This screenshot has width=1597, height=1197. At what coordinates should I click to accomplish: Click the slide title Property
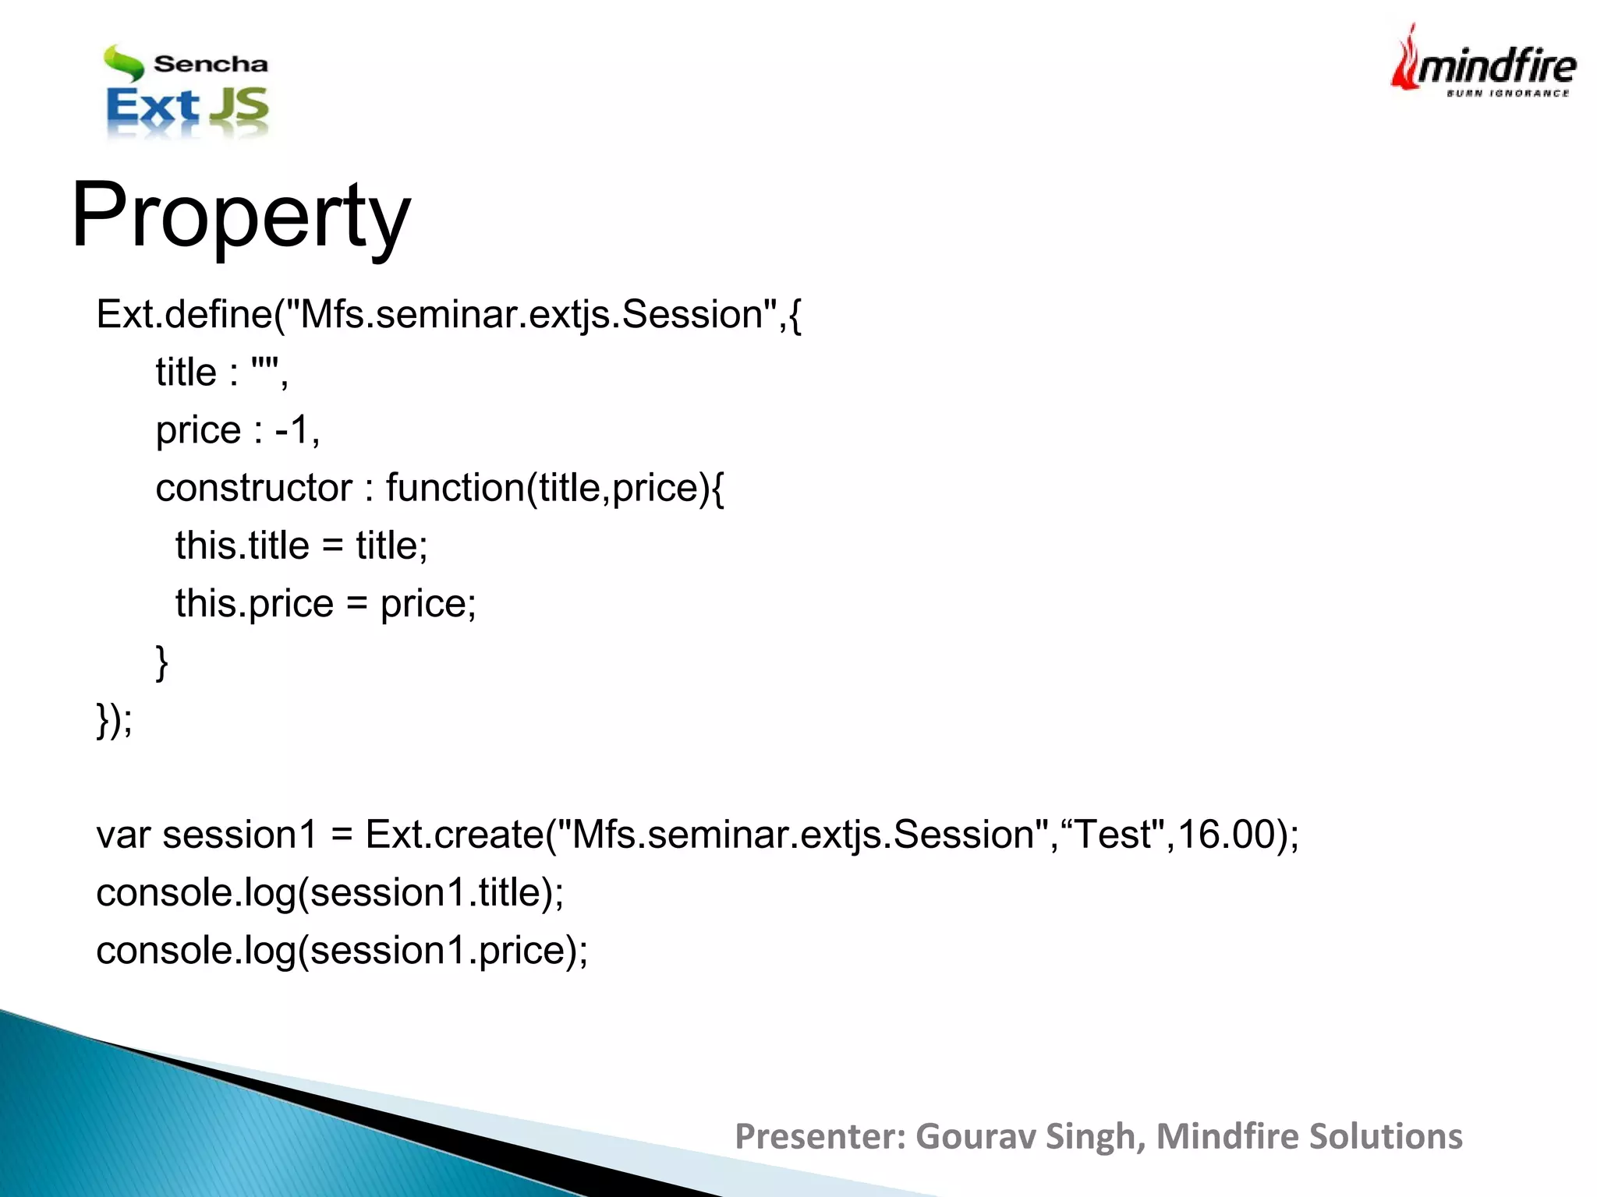240,215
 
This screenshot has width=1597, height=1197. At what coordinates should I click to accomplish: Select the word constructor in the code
253,489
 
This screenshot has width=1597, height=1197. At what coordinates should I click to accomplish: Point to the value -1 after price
292,430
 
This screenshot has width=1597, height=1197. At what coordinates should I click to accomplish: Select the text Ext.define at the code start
184,315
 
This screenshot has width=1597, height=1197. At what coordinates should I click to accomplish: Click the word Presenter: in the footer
820,1136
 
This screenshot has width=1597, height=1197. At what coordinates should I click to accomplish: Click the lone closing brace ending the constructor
162,662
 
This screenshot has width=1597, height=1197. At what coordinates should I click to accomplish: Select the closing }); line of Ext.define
114,720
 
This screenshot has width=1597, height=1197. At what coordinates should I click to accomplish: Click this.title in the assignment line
242,546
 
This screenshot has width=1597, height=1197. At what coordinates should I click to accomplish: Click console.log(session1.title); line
329,893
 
